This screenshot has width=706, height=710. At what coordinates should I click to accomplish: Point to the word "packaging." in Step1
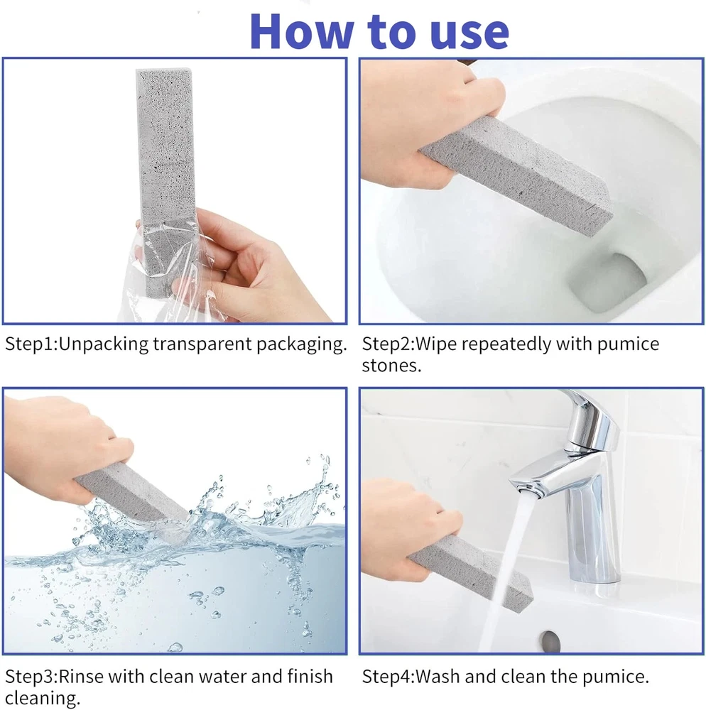click(x=302, y=345)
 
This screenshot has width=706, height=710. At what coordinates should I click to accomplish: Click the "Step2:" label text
click(x=388, y=344)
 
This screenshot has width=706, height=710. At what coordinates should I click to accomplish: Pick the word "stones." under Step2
click(x=391, y=366)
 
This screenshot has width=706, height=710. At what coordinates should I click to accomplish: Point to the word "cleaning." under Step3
click(x=43, y=698)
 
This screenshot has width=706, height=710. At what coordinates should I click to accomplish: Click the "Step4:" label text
click(x=388, y=677)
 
